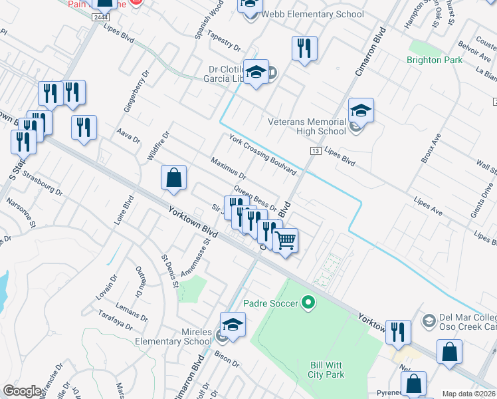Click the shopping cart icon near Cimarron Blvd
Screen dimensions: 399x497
point(286,239)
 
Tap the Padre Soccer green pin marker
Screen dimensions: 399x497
point(307,303)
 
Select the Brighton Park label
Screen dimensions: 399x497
point(434,60)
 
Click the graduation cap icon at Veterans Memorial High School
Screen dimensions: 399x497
point(361,110)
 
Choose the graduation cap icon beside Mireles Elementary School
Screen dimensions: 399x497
point(233,325)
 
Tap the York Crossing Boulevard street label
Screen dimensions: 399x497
point(262,154)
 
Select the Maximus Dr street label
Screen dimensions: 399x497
point(229,168)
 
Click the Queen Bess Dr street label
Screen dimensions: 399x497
point(254,198)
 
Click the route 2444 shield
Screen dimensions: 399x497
point(100,17)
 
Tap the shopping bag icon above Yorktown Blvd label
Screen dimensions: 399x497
point(173,178)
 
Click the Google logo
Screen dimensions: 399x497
point(23,391)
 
